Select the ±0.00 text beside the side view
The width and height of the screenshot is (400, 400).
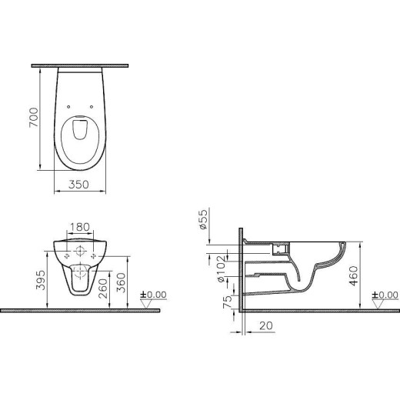pyautogui.click(x=385, y=294)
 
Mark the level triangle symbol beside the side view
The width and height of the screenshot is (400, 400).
pyautogui.click(x=377, y=303)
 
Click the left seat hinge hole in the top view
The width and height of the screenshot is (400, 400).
pyautogui.click(x=70, y=107)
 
